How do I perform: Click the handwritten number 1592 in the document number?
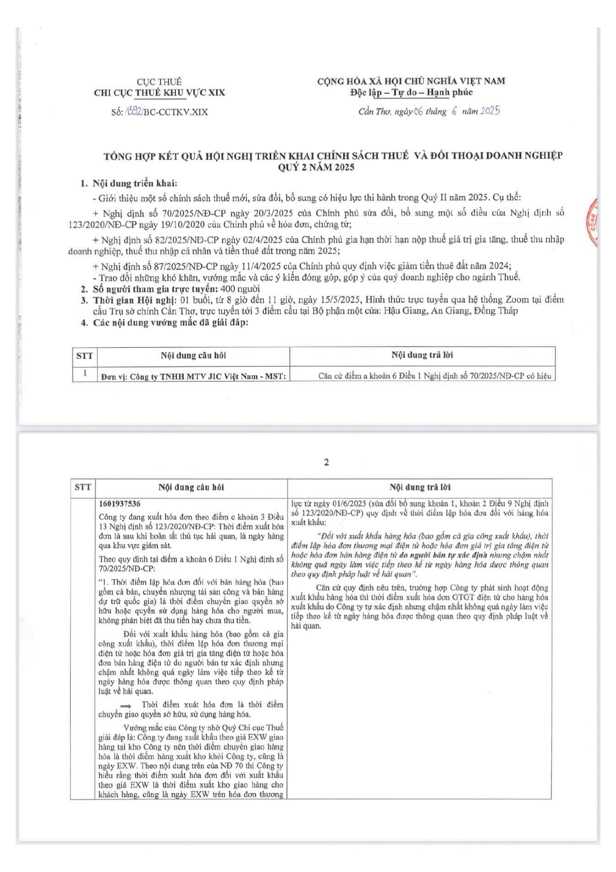click(133, 111)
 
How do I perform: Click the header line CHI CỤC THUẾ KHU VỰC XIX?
click(159, 93)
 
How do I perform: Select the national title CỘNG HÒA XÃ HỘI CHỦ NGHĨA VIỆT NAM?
click(411, 81)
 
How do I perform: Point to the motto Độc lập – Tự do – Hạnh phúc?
click(411, 92)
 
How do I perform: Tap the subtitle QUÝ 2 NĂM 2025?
click(316, 167)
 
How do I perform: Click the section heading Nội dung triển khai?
click(135, 183)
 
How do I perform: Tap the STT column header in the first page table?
click(84, 356)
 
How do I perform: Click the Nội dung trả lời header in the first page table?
click(422, 355)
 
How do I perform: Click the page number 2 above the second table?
click(326, 462)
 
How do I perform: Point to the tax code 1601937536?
click(120, 503)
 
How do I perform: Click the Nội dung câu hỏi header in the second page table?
click(191, 487)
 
